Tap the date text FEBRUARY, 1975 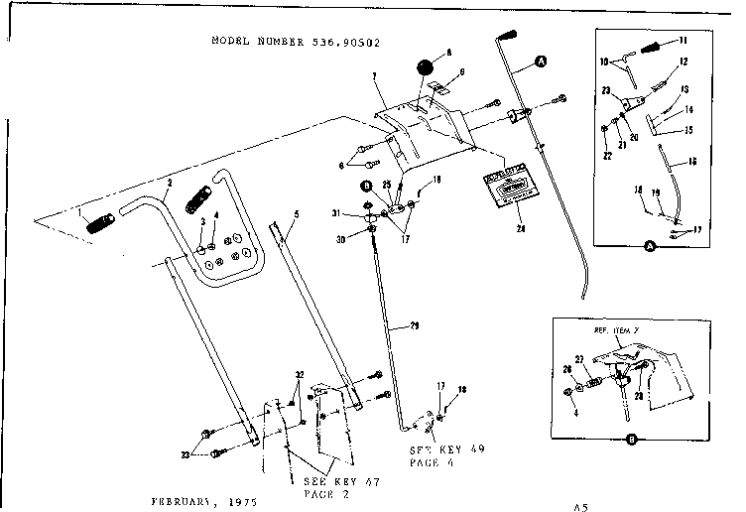pyautogui.click(x=207, y=502)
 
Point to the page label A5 pyautogui.click(x=580, y=504)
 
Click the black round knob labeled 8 pyautogui.click(x=426, y=68)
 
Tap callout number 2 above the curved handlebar pyautogui.click(x=170, y=184)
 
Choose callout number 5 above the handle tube pyautogui.click(x=296, y=214)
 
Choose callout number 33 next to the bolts pyautogui.click(x=186, y=455)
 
